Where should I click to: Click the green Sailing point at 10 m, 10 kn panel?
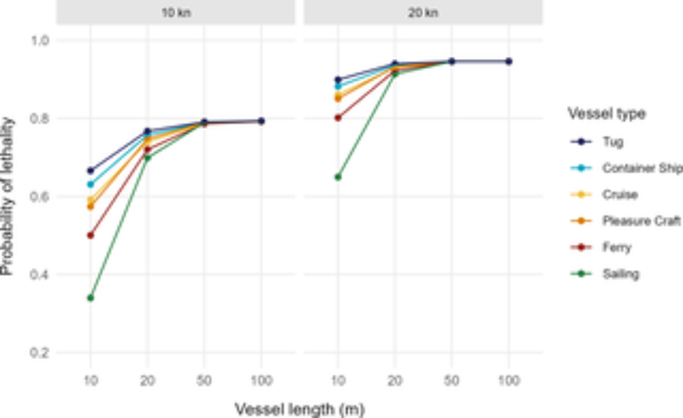[90, 298]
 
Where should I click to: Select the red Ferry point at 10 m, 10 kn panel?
[90, 235]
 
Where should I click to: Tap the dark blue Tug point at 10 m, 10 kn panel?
[90, 170]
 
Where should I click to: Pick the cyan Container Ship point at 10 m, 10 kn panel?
[90, 184]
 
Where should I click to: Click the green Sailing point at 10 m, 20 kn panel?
[338, 177]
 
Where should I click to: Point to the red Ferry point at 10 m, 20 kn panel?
[338, 118]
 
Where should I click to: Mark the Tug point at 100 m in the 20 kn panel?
[509, 61]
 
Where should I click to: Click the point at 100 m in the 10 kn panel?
[262, 121]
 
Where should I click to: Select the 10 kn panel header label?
[176, 13]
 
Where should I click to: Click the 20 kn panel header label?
[423, 13]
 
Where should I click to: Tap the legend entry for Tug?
[613, 142]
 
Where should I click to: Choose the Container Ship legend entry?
[642, 168]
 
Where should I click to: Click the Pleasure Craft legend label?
[641, 221]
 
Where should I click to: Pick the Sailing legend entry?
[621, 274]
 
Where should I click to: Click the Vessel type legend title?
[607, 113]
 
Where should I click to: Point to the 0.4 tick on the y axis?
[40, 274]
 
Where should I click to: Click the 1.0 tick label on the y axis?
[40, 41]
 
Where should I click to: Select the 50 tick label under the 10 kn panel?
[204, 380]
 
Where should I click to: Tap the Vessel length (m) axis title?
[299, 409]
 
